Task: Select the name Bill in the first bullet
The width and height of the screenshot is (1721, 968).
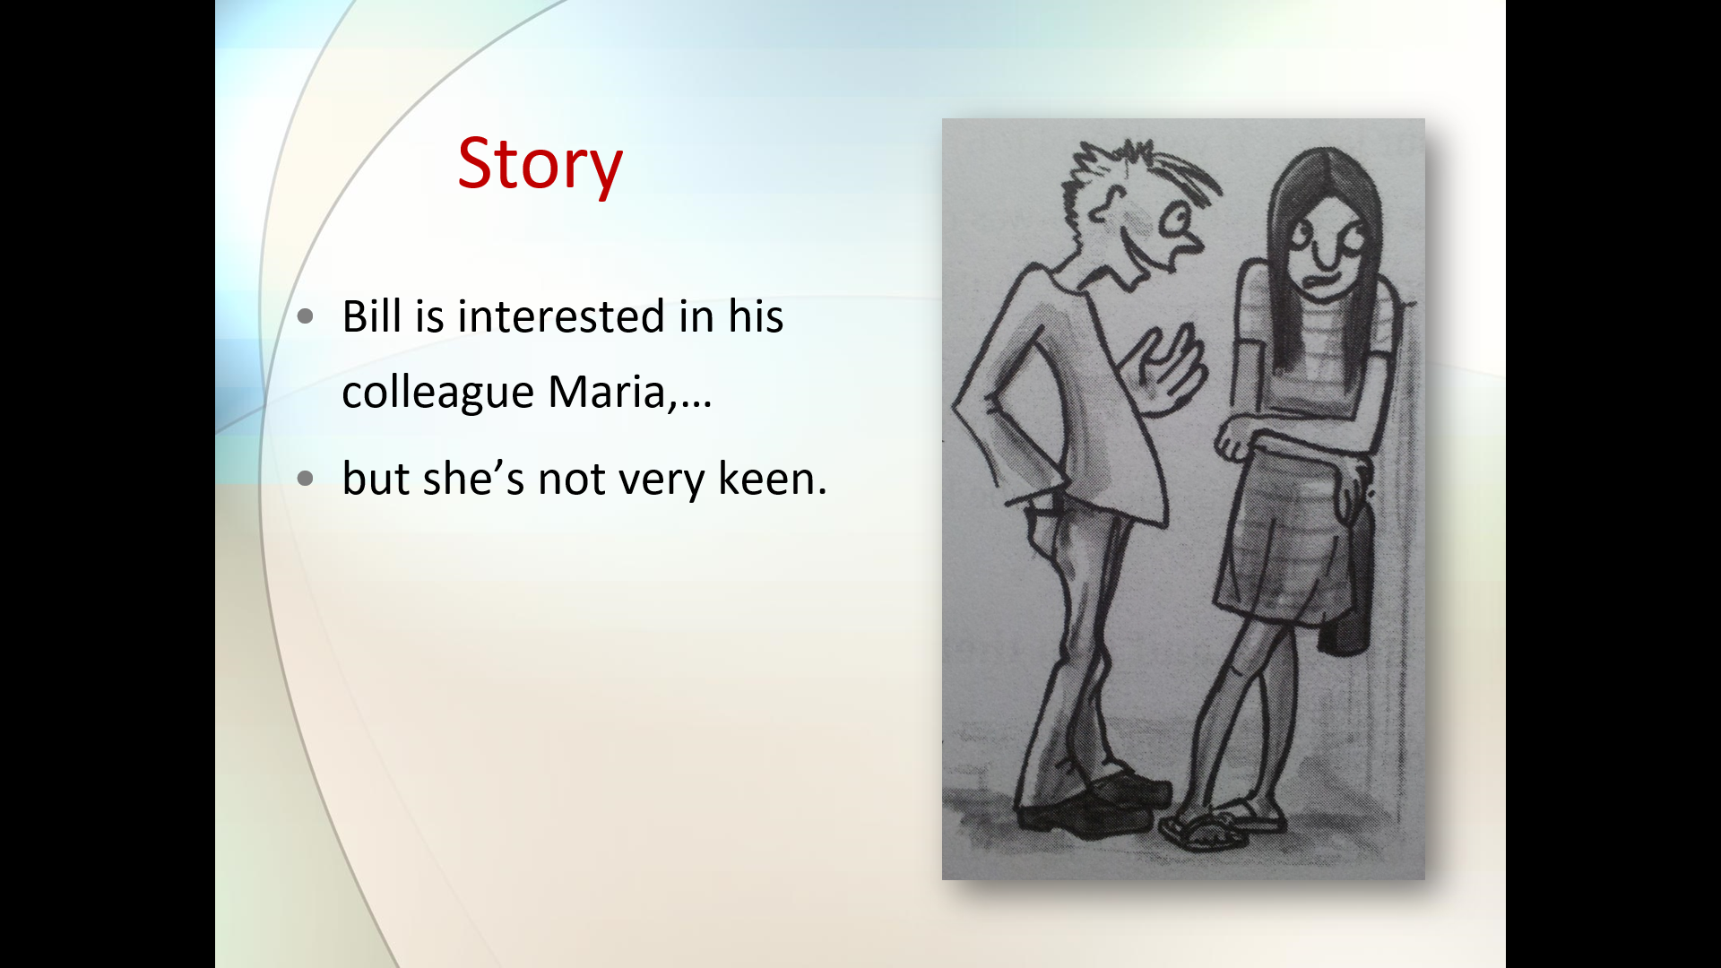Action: pyautogui.click(x=371, y=316)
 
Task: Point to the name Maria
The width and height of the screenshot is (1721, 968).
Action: pyautogui.click(x=607, y=392)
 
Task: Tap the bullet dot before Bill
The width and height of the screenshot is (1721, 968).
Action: pyautogui.click(x=306, y=316)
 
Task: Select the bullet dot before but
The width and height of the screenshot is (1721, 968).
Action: pyautogui.click(x=306, y=479)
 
